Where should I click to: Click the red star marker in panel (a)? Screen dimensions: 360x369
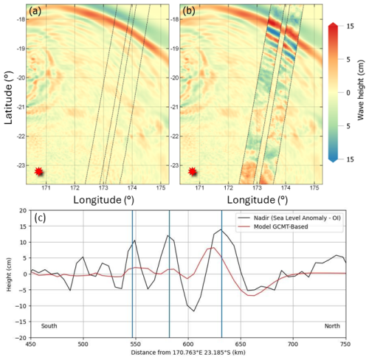(39, 171)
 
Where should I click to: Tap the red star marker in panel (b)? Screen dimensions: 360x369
(193, 171)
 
